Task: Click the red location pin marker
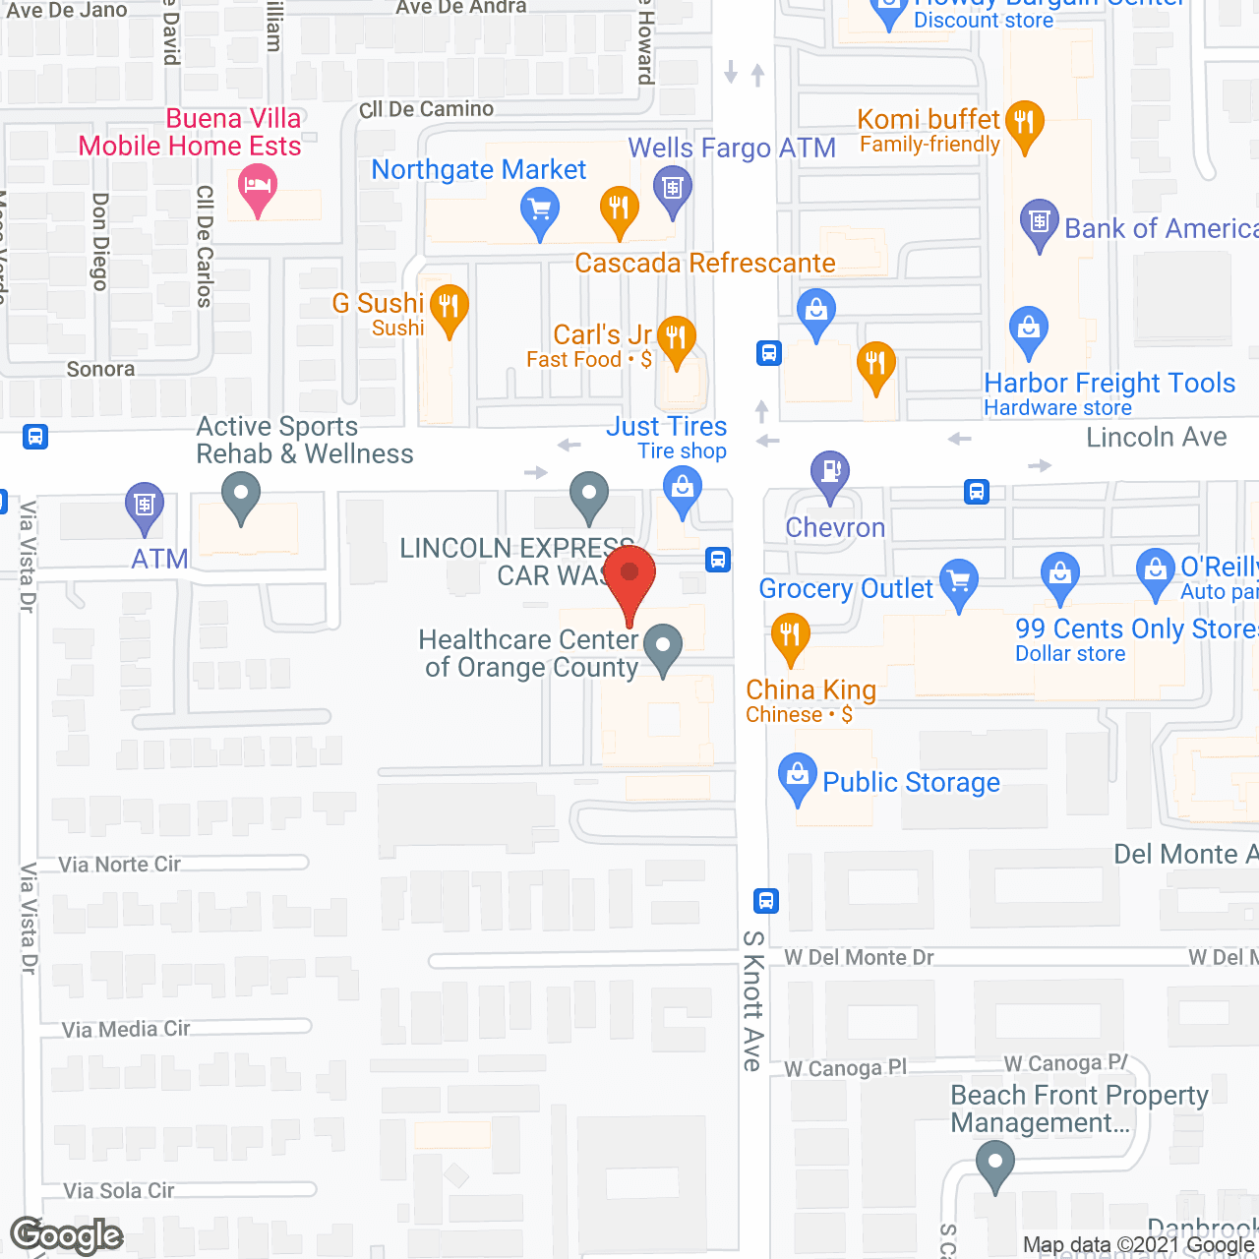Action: [629, 575]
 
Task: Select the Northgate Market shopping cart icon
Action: [540, 210]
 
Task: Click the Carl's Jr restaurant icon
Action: [676, 337]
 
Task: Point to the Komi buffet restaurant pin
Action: [1025, 123]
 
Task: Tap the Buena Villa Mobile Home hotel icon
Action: [258, 185]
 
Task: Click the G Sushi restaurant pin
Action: [450, 306]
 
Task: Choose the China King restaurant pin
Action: [790, 634]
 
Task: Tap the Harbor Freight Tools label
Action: [1109, 383]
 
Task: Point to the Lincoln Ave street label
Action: [1156, 437]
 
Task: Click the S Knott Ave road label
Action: [752, 1000]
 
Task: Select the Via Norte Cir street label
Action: [119, 865]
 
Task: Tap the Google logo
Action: [67, 1235]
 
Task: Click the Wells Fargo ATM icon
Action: [673, 187]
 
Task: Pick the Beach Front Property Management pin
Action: [995, 1164]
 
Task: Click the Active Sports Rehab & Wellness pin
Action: [240, 494]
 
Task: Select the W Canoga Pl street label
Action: [846, 1068]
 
